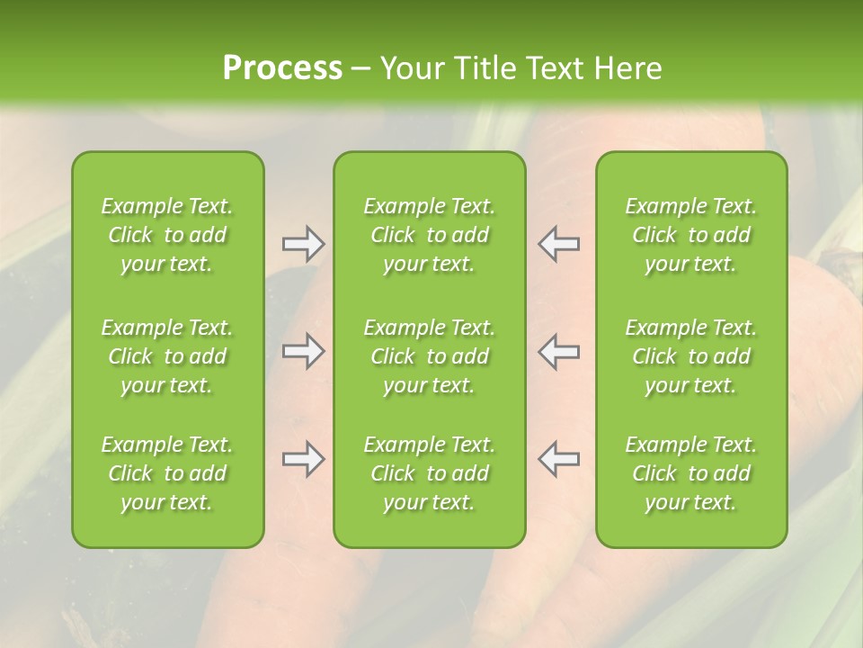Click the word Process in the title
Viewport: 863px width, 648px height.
tap(282, 68)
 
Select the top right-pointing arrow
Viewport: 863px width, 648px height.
tap(304, 244)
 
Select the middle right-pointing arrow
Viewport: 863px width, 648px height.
tap(304, 351)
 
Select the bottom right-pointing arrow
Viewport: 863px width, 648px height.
tap(304, 459)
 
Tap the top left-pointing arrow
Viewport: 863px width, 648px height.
tap(559, 244)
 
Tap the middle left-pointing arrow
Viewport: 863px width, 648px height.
tap(559, 351)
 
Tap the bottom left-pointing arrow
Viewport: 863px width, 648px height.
tap(559, 459)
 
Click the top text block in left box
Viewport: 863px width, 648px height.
tap(167, 235)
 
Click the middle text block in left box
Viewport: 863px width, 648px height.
tap(167, 356)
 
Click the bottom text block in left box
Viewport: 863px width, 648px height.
tap(167, 473)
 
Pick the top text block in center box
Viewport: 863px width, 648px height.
tap(430, 235)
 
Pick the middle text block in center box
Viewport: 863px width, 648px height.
tap(430, 356)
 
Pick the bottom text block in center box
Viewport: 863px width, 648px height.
tap(430, 473)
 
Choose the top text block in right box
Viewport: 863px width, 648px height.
tap(691, 235)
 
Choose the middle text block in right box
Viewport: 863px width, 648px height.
tap(691, 356)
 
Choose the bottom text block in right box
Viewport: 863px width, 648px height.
tap(691, 473)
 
